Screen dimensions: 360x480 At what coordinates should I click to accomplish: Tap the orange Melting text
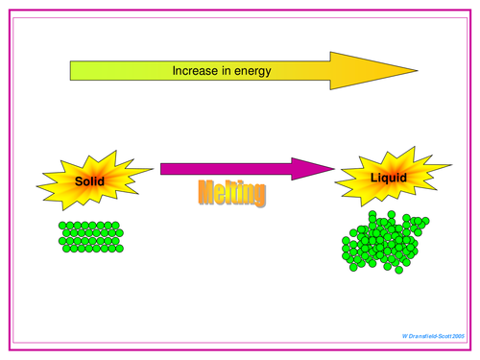[231, 193]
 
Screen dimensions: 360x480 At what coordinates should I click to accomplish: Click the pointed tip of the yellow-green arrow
[417, 71]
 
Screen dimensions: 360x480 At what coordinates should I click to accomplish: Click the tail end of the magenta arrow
[163, 169]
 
